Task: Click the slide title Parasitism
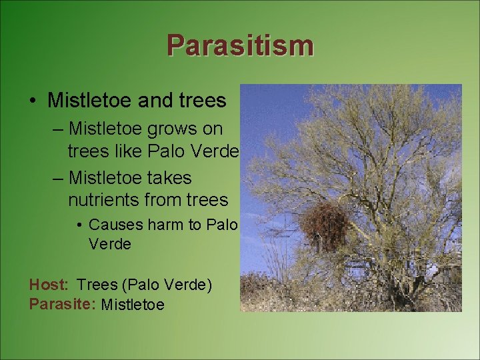(240, 45)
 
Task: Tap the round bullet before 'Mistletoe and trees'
(33, 101)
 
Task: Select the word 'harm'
(163, 225)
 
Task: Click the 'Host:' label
(49, 285)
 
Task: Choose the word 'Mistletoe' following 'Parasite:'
(133, 305)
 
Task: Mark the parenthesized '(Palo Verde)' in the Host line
(167, 285)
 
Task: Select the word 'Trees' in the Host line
(97, 285)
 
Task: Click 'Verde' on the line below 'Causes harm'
(109, 244)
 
